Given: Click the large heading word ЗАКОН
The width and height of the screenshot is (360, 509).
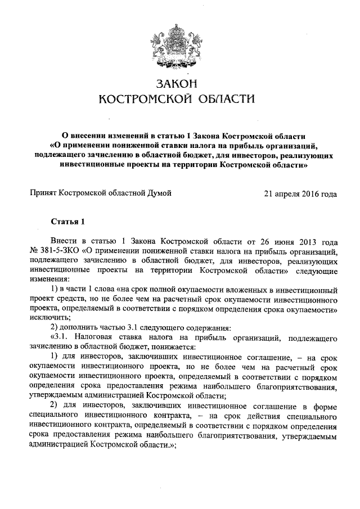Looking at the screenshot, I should (177, 84).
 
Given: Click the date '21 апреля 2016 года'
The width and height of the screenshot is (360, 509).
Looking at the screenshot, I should (300, 194).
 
